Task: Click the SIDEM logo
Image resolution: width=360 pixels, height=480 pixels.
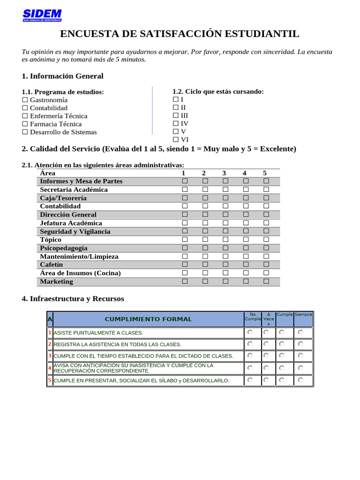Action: click(x=42, y=15)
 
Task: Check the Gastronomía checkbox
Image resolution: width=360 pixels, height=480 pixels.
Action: click(x=25, y=100)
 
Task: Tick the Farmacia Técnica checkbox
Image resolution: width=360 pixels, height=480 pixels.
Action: click(x=25, y=124)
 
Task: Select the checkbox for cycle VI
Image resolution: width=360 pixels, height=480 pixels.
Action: click(x=176, y=140)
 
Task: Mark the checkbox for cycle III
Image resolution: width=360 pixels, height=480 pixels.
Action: click(x=176, y=115)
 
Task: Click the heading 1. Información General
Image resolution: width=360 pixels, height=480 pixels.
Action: click(x=62, y=76)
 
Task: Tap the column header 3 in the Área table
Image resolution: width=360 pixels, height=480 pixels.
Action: click(x=225, y=173)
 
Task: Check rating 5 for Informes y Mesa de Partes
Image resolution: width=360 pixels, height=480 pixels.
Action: click(x=266, y=181)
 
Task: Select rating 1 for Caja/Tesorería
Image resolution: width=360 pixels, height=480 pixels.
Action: click(x=185, y=198)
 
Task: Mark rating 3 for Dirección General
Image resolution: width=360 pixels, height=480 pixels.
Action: click(x=225, y=215)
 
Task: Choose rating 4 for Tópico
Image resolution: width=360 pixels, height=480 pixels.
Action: click(x=246, y=240)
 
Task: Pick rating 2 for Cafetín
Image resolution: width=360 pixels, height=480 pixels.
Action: click(x=205, y=265)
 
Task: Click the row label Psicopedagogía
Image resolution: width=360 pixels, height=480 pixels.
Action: click(x=64, y=248)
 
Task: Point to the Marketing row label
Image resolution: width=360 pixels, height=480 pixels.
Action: click(x=57, y=282)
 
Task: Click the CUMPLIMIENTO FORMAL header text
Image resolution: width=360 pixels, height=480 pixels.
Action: click(x=148, y=319)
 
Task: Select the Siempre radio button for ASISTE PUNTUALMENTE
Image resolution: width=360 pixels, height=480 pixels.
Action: click(x=300, y=332)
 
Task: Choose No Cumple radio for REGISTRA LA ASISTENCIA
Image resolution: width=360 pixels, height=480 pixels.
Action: click(x=250, y=344)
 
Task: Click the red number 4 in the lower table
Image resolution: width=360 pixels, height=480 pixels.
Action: click(x=50, y=368)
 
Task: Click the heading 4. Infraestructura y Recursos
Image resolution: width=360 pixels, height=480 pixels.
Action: click(x=73, y=299)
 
